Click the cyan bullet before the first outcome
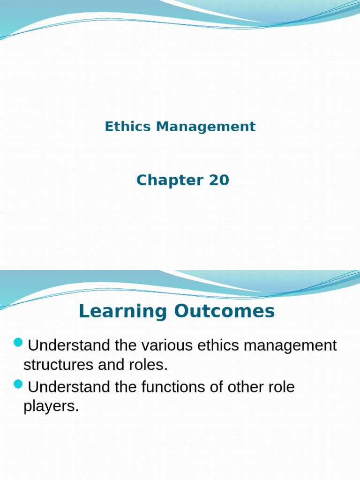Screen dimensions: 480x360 point(18,343)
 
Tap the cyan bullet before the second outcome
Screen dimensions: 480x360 point(18,385)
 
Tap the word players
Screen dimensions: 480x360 point(51,406)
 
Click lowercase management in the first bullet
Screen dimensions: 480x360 point(291,346)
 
